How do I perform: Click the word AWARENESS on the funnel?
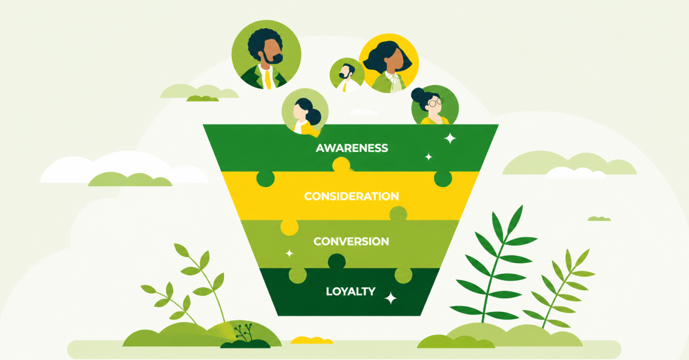pos(352,148)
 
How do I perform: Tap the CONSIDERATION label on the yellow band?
pos(352,196)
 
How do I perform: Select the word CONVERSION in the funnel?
pos(351,241)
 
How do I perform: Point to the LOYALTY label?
pos(351,291)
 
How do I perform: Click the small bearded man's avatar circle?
pos(347,75)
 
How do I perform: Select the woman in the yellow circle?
pos(388,63)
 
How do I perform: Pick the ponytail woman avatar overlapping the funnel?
pos(305,112)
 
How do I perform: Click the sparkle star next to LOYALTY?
pos(391,298)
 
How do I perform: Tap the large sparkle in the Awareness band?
pos(450,138)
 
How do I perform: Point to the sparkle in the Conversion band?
pos(289,254)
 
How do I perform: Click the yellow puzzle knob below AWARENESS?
pos(341,165)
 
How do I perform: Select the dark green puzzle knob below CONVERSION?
pos(337,262)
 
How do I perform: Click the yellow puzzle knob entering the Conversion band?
pos(289,227)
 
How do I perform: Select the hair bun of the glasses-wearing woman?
pos(419,95)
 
